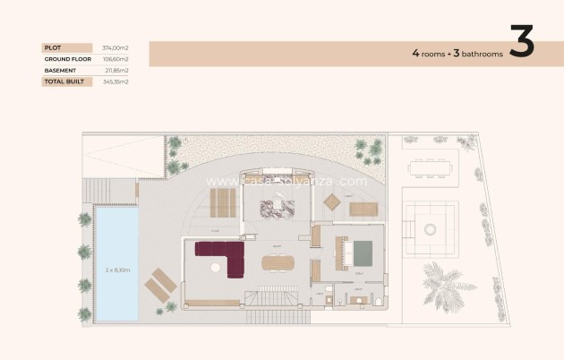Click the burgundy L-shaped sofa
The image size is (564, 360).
(223, 254)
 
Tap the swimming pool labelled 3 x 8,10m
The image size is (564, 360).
(115, 264)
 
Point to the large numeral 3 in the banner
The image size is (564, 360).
(521, 41)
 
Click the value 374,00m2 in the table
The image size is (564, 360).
(116, 47)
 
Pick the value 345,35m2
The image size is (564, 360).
(116, 81)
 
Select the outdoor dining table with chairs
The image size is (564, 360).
(429, 167)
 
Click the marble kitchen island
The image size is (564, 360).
(278, 209)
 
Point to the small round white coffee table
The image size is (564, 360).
(213, 267)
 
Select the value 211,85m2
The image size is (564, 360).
(116, 70)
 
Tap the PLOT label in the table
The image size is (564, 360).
(51, 47)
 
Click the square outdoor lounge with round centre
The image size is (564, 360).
(431, 227)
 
